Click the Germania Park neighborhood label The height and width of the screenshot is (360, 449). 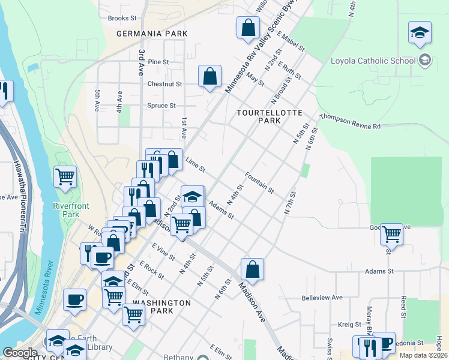[152, 34]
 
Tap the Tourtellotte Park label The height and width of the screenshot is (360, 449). [259, 116]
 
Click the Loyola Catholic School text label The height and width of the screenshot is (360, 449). [373, 60]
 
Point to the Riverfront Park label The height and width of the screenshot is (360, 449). [71, 210]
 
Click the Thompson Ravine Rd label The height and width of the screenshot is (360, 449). [351, 122]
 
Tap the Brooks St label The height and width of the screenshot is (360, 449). [122, 18]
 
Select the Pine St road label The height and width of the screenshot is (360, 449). [158, 62]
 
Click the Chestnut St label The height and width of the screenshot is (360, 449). [164, 84]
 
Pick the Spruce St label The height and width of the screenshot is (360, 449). [161, 106]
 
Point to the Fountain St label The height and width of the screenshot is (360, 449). [259, 182]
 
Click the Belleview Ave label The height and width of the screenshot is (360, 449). [322, 297]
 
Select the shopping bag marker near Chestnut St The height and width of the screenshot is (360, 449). [209, 76]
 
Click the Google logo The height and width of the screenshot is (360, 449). [20, 353]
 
